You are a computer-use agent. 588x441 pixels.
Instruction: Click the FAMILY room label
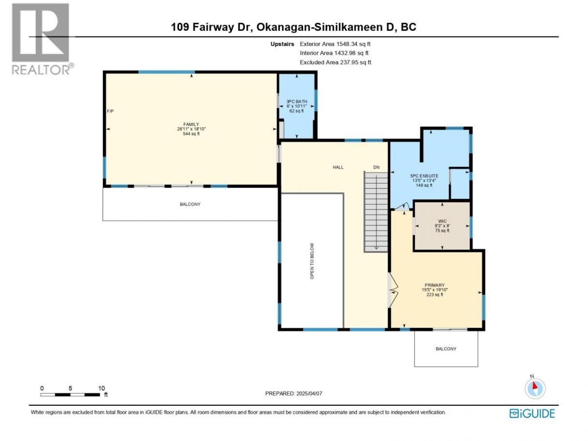(191, 124)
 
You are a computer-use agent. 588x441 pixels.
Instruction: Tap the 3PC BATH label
(296, 102)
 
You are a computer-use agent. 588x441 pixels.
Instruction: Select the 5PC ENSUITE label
(424, 176)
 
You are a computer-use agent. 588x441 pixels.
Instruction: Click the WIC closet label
(442, 221)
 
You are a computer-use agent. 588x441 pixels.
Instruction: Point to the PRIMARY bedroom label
(435, 285)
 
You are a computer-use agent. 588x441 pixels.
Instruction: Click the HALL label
(338, 167)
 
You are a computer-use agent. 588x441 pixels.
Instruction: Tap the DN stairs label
(376, 167)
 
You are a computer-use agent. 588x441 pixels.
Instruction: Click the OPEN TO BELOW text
(312, 261)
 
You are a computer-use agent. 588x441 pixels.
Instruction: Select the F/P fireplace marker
(110, 111)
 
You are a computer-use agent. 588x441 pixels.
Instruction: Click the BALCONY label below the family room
(190, 204)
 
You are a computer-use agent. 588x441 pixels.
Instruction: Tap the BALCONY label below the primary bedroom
(446, 349)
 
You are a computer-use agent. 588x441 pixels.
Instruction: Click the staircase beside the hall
(376, 212)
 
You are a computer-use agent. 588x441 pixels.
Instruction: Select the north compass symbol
(535, 388)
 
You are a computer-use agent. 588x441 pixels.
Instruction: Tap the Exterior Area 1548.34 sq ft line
(335, 44)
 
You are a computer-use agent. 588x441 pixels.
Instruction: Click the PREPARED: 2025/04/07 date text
(294, 393)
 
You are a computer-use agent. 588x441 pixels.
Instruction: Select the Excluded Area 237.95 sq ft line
(336, 62)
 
